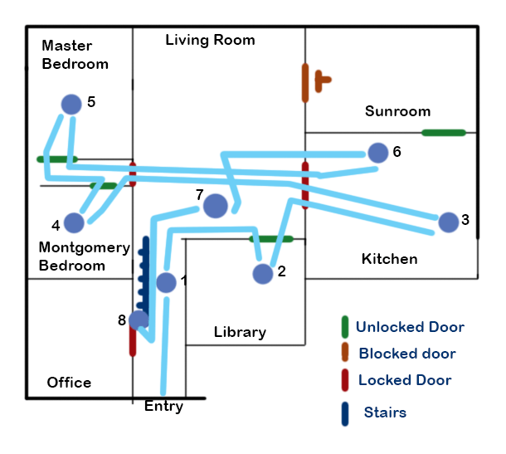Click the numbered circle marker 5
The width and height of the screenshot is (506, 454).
(x=72, y=104)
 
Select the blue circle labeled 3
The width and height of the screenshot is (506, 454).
(x=448, y=222)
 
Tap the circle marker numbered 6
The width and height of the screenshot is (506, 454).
(x=378, y=153)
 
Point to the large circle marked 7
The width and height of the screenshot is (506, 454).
(x=216, y=206)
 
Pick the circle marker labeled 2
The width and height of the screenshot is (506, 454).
(x=263, y=274)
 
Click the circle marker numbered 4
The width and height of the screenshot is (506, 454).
(x=74, y=222)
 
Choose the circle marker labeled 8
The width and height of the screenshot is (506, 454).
(x=139, y=320)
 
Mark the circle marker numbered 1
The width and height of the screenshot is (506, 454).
(x=166, y=282)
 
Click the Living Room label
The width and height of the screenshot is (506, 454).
(x=210, y=40)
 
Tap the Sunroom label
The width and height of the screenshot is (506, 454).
(x=397, y=111)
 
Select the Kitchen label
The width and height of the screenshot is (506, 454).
(x=389, y=259)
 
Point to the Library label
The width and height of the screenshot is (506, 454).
(x=240, y=332)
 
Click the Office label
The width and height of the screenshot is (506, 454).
(x=69, y=383)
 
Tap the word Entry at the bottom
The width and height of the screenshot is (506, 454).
(x=163, y=407)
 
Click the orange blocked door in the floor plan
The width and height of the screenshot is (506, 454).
(x=307, y=83)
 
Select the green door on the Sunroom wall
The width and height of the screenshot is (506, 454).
(x=443, y=132)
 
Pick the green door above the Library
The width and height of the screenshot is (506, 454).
(x=271, y=239)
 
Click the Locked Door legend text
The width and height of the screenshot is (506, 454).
(x=405, y=380)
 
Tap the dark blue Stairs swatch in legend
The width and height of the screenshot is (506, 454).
(x=344, y=413)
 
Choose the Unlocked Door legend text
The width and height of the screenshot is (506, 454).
(x=410, y=327)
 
